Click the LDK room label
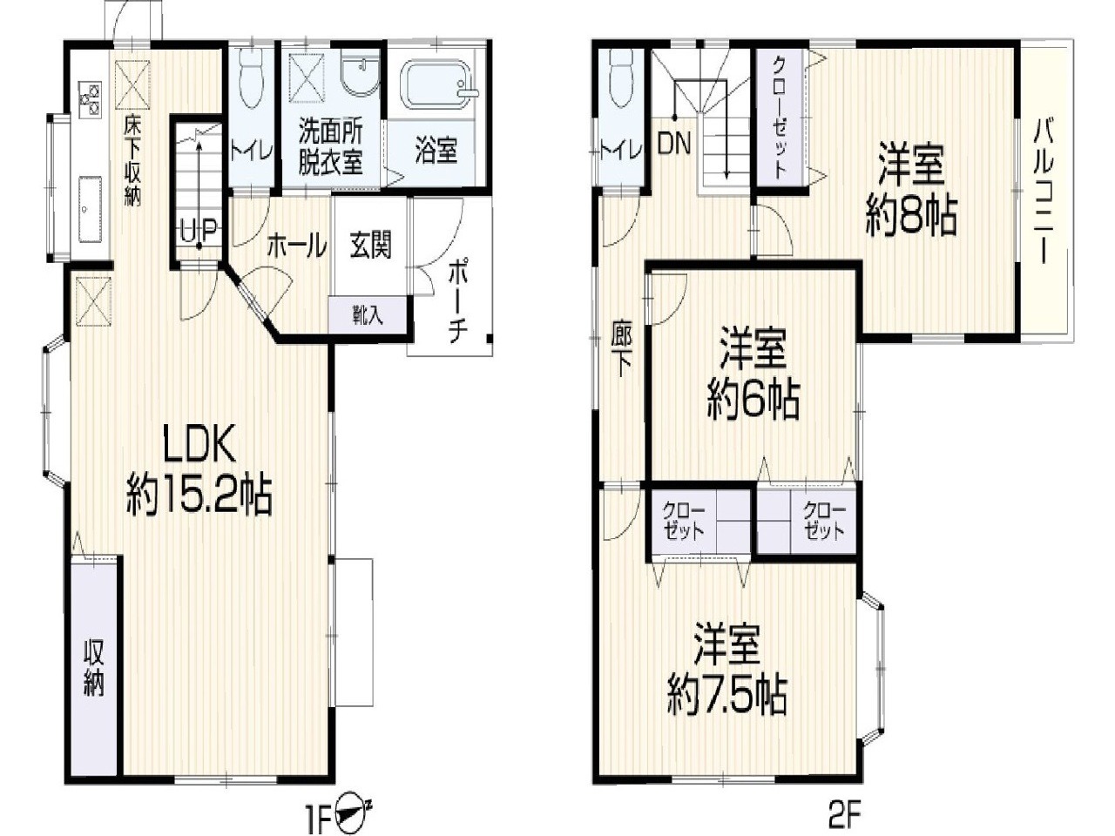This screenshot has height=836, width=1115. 198,442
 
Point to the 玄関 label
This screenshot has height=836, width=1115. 370,246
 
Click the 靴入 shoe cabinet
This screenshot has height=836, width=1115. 368,315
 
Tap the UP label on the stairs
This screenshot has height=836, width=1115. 199,233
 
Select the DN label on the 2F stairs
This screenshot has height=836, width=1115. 673,144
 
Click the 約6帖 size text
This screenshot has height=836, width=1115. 753,401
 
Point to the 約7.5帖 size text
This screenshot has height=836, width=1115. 727,697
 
